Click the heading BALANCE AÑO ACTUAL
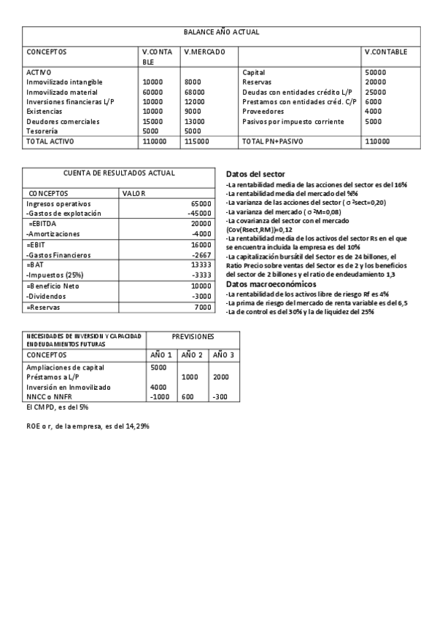point(221,33)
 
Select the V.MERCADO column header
point(205,52)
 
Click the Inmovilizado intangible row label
point(64,82)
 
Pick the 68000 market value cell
point(196,93)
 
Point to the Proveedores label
point(263,112)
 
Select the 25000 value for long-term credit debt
point(375,93)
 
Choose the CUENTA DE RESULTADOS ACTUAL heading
point(119,173)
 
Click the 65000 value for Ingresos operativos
point(200,203)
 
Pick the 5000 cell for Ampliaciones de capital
point(158,367)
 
